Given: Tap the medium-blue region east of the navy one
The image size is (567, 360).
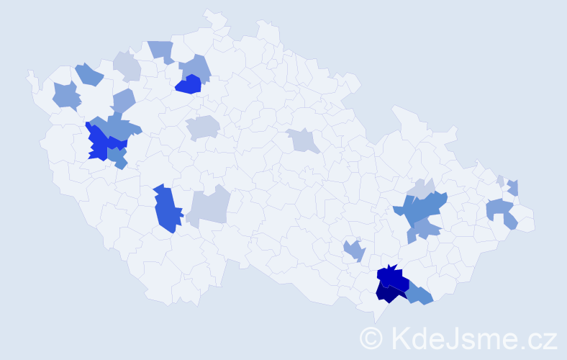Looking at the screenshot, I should click(419, 294).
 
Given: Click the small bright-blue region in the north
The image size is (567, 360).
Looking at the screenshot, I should click(189, 86).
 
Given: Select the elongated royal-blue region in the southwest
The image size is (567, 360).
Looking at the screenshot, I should click(165, 210).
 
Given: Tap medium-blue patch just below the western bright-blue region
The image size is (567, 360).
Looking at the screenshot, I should click(119, 160).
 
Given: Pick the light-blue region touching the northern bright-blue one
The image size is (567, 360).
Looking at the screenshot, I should click(195, 68).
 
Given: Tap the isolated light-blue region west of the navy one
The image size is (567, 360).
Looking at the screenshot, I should click(353, 251).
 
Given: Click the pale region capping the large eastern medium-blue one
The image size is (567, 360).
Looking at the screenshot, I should click(421, 189).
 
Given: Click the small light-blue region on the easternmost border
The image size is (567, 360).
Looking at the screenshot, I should click(513, 187).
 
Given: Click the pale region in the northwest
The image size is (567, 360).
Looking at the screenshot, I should click(127, 66).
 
